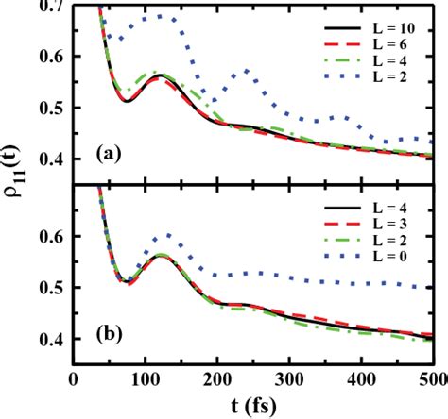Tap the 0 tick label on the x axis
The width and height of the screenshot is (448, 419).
pos(74,378)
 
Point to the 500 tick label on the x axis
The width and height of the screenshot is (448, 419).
pos(430,378)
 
